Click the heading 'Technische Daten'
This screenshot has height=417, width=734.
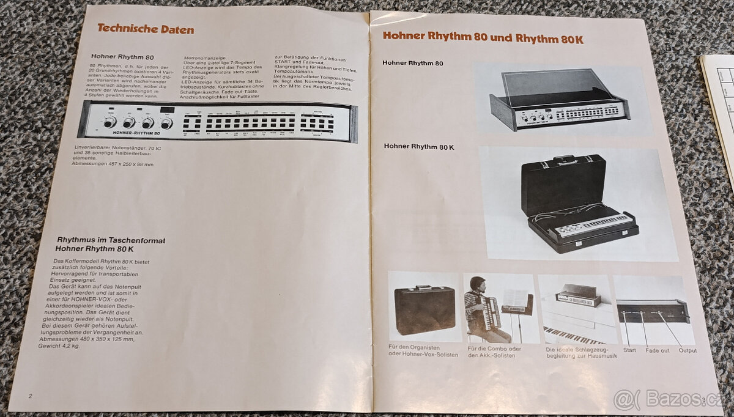point(146,29)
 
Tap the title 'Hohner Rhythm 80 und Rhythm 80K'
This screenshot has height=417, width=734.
point(483,37)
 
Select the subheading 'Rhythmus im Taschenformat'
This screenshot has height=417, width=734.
point(111,240)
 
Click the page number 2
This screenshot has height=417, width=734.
point(30,396)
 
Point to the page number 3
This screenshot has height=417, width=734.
point(704,400)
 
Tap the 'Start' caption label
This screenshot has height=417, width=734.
point(629,350)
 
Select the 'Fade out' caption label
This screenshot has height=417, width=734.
point(658,350)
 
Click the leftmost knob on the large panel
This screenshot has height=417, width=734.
point(109,122)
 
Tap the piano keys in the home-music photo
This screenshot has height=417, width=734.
point(572,334)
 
